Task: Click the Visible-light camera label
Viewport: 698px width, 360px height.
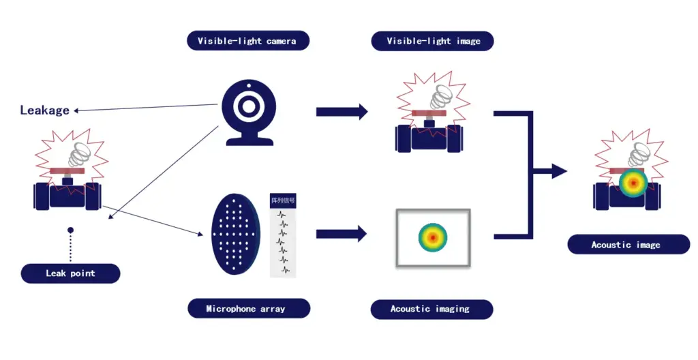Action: coord(247,41)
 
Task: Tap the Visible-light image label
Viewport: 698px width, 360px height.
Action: coord(433,41)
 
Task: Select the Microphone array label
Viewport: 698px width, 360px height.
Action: coord(245,309)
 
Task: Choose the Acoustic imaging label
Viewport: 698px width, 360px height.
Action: coord(430,309)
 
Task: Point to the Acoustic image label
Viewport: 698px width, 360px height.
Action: coord(625,244)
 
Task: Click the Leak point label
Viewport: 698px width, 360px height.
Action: coord(70,273)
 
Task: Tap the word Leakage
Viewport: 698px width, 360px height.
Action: coord(44,110)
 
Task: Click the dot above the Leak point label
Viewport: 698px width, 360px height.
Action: coord(70,230)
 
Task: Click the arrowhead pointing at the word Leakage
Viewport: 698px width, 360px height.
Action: coord(77,110)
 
